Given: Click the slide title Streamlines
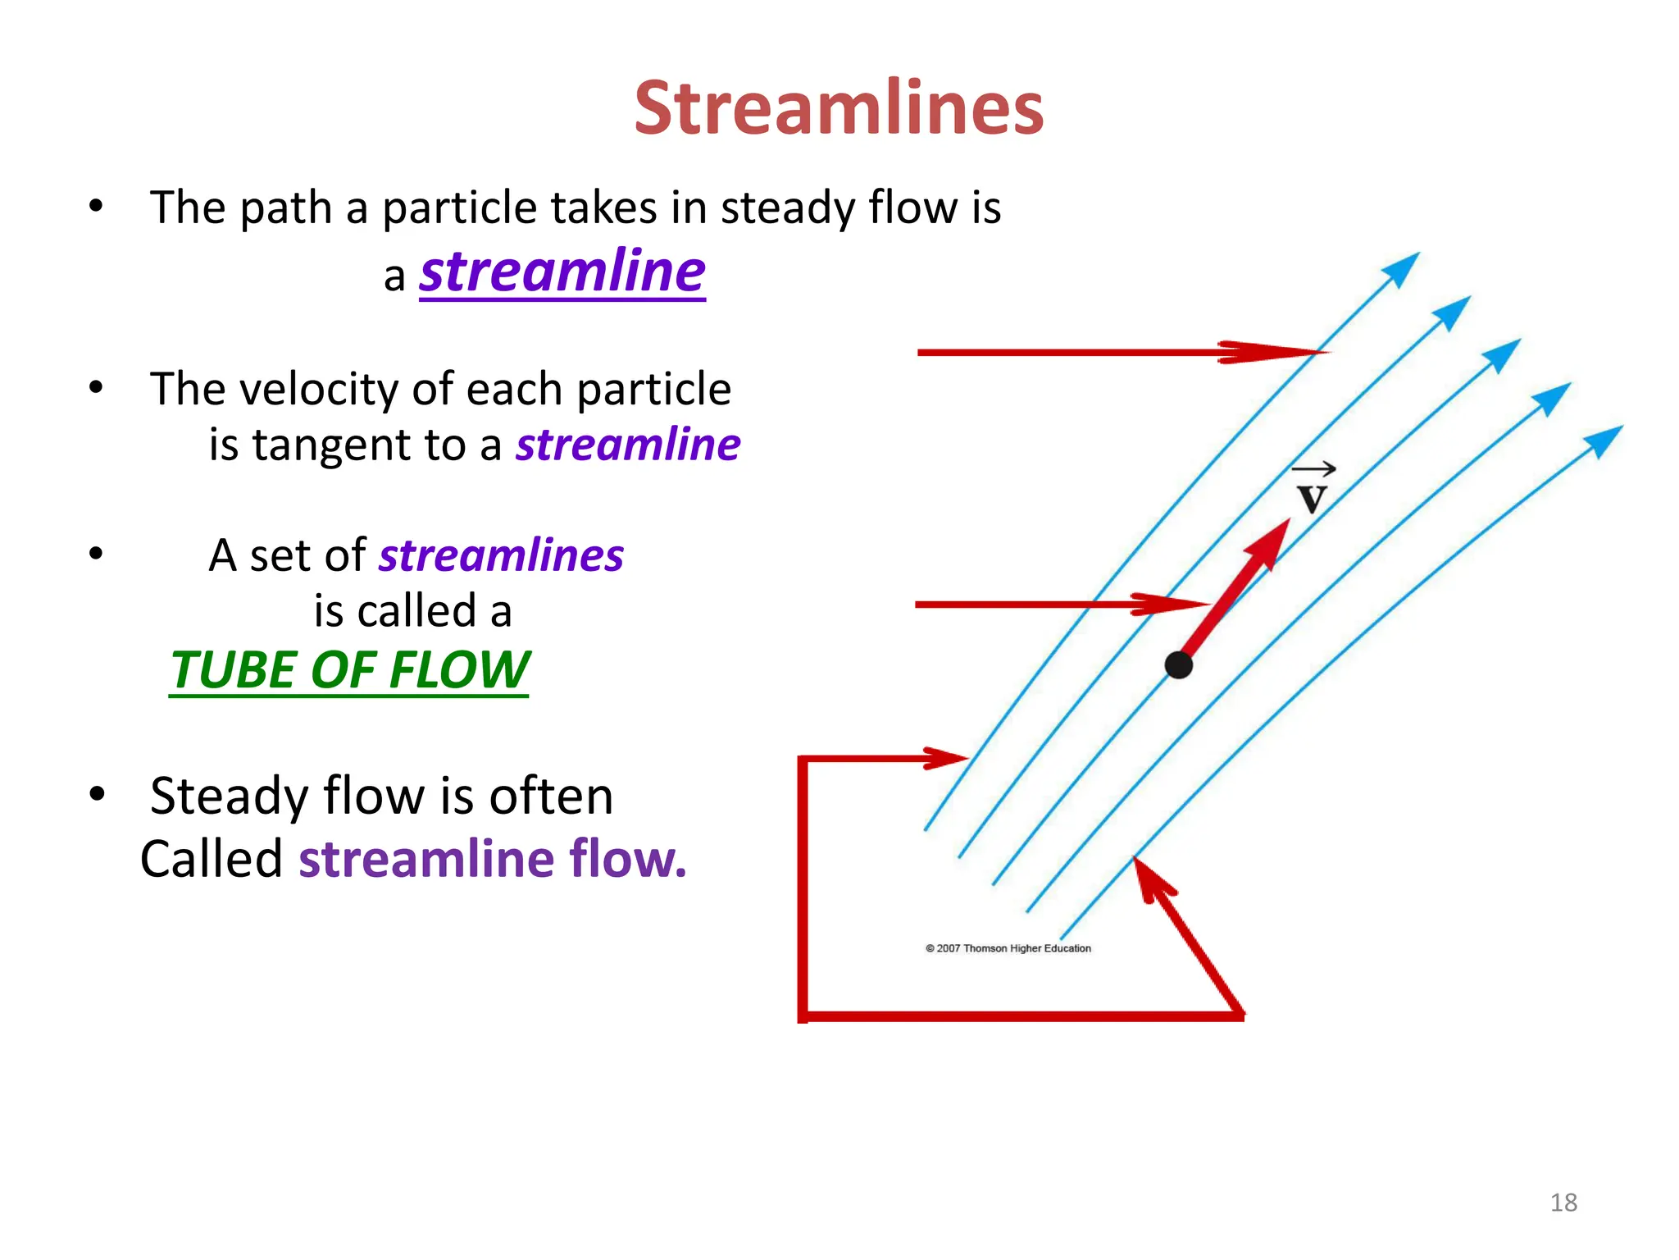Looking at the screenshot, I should (839, 108).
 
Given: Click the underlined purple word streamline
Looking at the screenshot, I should (562, 272).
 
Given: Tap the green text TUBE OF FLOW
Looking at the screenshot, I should (349, 670).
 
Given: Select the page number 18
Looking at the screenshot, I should (1563, 1203).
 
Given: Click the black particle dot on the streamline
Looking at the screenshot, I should (1178, 664).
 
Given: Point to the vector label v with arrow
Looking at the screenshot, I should (1313, 490).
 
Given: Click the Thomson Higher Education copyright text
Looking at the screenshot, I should (1008, 948).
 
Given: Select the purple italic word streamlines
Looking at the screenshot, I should (501, 556).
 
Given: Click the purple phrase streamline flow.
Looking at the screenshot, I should (492, 860).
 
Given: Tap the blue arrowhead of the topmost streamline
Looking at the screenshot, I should (1401, 269).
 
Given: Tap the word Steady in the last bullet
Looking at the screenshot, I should (229, 796).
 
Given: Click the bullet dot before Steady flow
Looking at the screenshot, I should (98, 793).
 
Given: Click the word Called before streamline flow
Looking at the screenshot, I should (212, 860).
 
